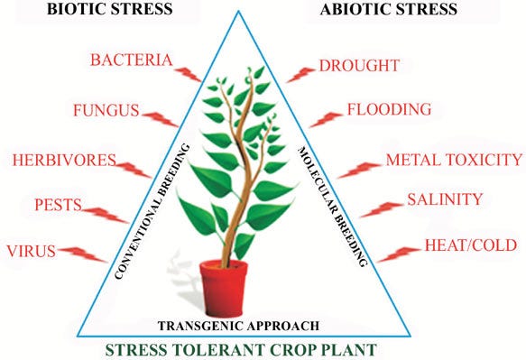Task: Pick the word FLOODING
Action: [x=390, y=110]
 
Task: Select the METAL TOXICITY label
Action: [x=454, y=160]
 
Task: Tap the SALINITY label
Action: [x=445, y=199]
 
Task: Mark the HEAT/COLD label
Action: [x=472, y=245]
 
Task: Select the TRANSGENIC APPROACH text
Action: [x=237, y=324]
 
